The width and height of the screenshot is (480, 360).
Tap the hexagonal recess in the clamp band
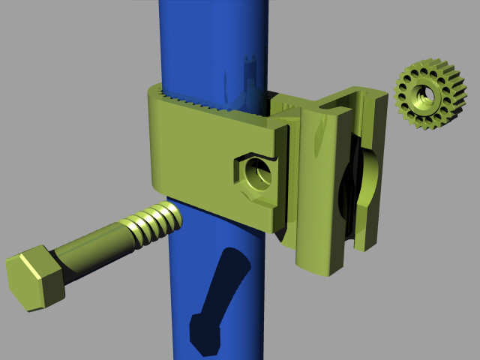click(x=255, y=174)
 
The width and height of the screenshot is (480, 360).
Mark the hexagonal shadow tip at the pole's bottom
click(x=204, y=334)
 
